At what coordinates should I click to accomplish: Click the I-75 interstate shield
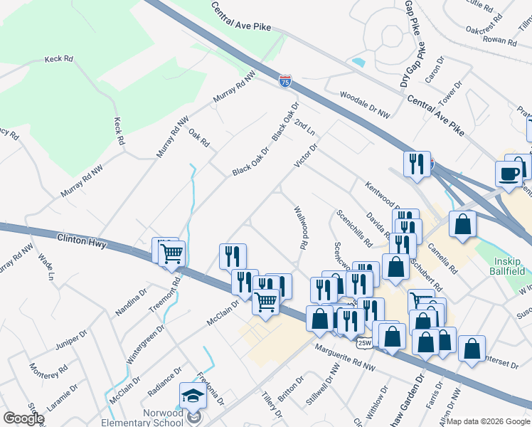tap(285, 81)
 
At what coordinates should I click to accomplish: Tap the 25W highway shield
tap(364, 343)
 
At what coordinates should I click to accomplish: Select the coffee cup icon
tap(509, 174)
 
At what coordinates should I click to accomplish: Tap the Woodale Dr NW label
tap(365, 103)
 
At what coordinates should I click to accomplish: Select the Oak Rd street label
tap(199, 137)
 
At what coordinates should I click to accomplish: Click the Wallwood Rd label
tap(301, 226)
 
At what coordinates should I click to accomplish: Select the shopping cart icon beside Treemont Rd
tap(171, 253)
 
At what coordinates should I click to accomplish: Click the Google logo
tap(23, 418)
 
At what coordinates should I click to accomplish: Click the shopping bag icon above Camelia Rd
tap(462, 223)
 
